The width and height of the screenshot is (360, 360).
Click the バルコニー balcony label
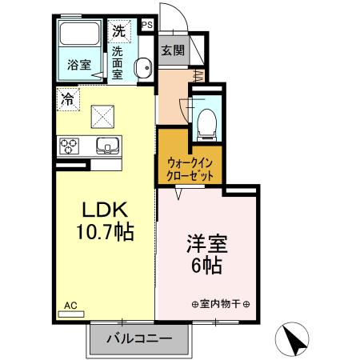tap(139, 338)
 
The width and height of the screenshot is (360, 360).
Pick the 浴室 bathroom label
tap(78, 65)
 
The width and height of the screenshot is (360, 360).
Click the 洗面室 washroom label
tap(118, 62)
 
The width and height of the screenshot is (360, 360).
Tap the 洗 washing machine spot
tap(118, 32)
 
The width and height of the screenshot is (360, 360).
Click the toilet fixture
tap(205, 120)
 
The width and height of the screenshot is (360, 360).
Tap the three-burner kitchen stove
tap(68, 146)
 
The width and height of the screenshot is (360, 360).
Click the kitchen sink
tap(107, 146)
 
